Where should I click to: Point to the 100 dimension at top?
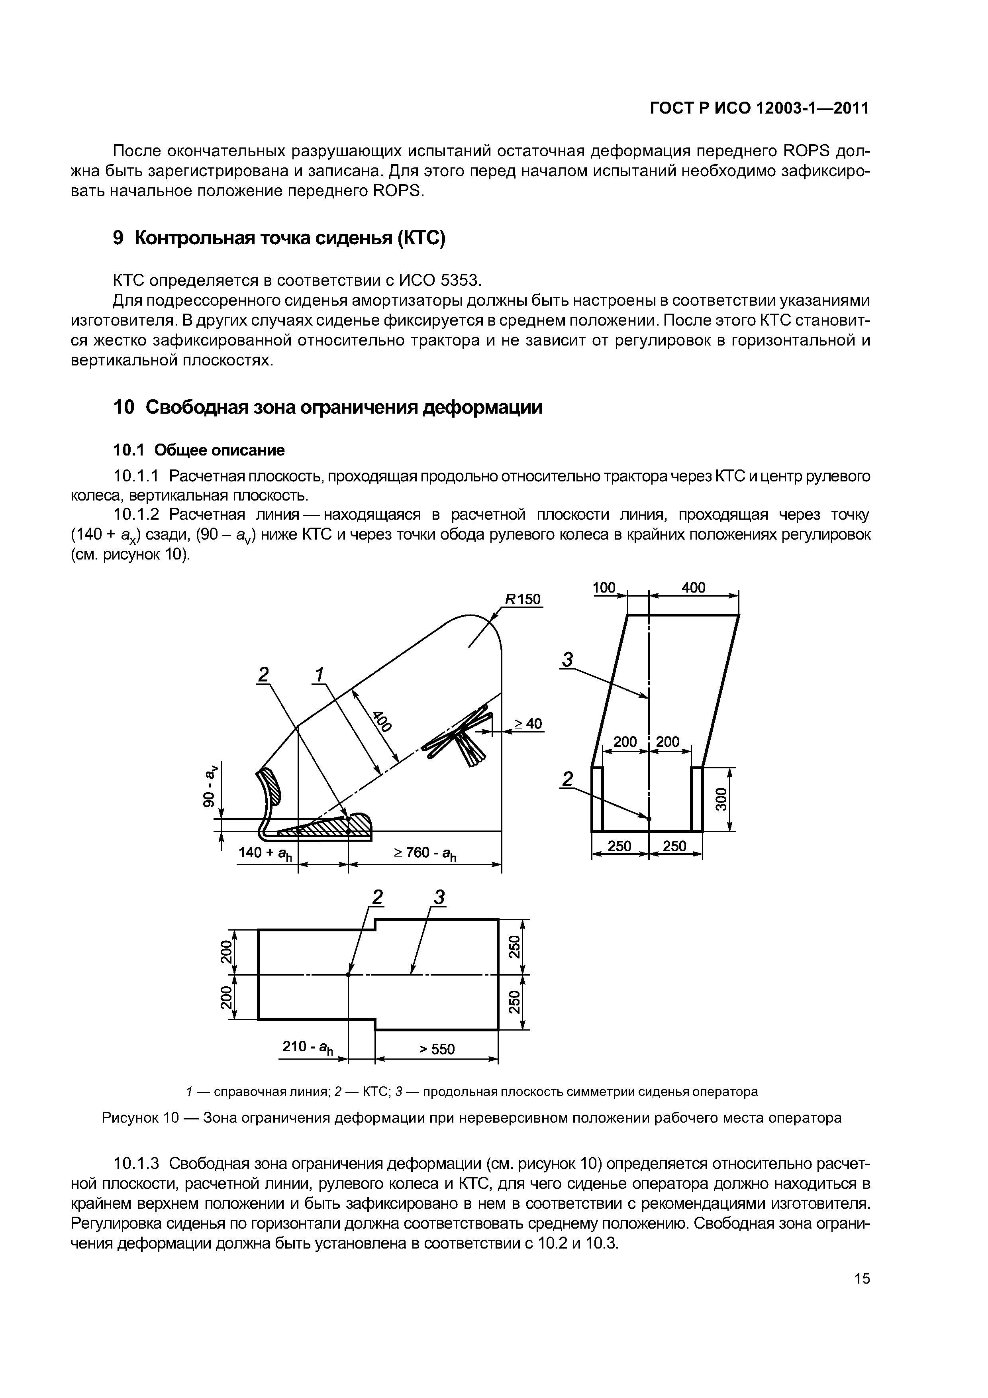tap(604, 587)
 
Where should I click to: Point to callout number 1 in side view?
tap(318, 675)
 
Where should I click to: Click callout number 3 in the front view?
tap(568, 660)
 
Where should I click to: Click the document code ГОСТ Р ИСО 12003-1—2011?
tap(759, 108)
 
